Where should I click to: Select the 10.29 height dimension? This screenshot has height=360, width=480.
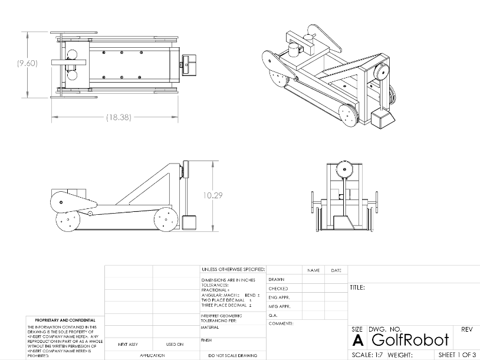tap(213, 195)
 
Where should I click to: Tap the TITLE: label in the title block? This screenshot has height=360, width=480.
tap(357, 288)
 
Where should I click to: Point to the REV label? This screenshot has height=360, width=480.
tap(466, 329)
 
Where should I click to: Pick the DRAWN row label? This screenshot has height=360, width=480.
tap(277, 279)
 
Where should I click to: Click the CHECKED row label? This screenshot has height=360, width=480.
tap(278, 289)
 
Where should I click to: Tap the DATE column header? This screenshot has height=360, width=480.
tap(336, 270)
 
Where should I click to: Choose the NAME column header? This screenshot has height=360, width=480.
tap(313, 270)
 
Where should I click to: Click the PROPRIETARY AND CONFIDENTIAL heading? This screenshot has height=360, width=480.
tap(61, 320)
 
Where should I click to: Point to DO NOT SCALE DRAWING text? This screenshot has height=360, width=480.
tap(232, 355)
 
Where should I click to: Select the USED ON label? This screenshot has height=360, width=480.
tap(175, 344)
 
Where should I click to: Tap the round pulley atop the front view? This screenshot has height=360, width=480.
tap(344, 170)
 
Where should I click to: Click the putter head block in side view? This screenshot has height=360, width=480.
tap(189, 224)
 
